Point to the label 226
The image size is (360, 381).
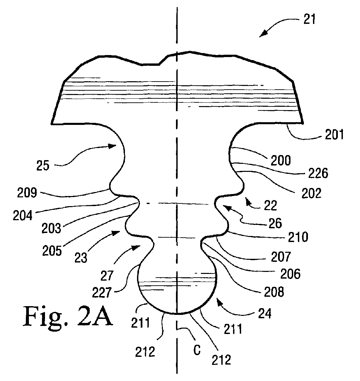[x=317, y=174]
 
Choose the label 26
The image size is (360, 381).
[x=275, y=223]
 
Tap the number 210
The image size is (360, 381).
[x=298, y=237]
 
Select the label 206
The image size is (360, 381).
[x=290, y=274]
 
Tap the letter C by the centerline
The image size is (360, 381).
[x=197, y=350]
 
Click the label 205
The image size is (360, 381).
[x=52, y=251]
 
